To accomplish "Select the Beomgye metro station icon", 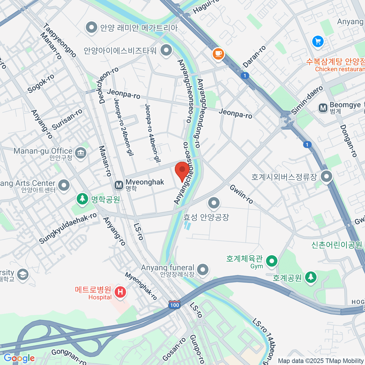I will pos(323,108).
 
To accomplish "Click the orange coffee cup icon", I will pos(218,54).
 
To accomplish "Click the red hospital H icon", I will pos(120,292).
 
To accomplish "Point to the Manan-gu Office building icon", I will pos(81,153).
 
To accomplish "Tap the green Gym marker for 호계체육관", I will pos(272,261).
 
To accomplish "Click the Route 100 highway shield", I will pos(175,305).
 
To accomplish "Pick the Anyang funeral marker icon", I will pos(203,269).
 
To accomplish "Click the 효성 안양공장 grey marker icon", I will pos(214,203).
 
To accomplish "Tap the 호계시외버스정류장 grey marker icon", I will pos(327,176).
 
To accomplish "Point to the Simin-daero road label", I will pos(307,100).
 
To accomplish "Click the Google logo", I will pos(19,358).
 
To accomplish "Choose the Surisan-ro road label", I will pos(67,119).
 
